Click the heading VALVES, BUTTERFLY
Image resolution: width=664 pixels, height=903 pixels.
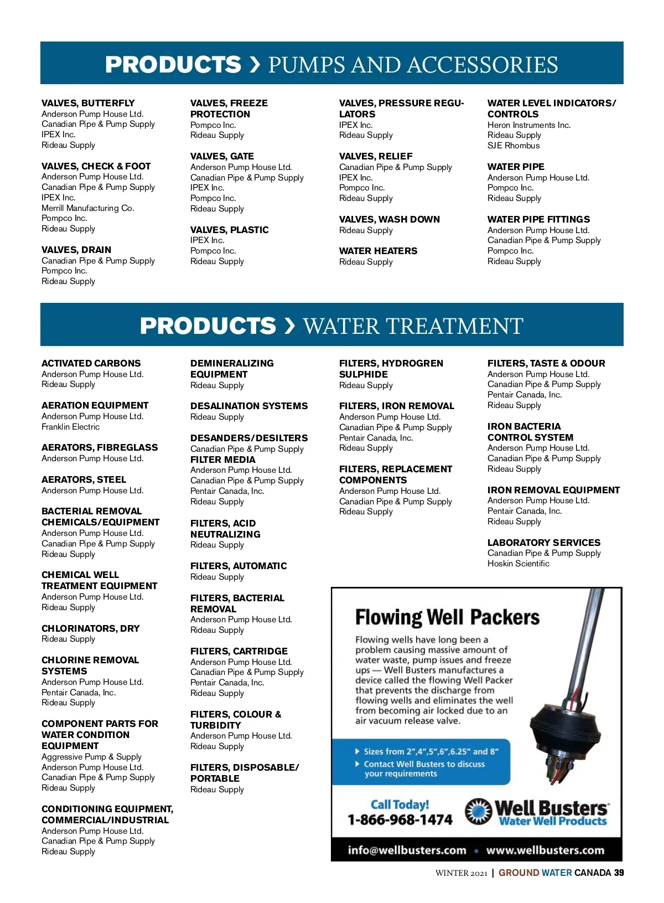coord(88,103)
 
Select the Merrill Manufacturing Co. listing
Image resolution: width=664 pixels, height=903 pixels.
coord(87,208)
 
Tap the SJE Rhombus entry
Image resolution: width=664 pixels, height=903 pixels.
coord(513,146)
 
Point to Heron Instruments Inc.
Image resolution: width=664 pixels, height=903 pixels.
coord(528,125)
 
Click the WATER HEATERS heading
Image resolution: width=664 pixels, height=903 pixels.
coord(378,251)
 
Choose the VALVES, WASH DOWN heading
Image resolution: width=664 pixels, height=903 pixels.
coord(389,219)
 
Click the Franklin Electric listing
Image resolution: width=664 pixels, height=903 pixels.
coord(70,427)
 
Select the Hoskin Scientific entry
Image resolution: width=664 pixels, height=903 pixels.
coord(518,564)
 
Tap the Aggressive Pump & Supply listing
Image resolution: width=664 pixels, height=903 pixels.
coord(91,757)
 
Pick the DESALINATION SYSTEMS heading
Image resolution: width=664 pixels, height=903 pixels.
coord(248,406)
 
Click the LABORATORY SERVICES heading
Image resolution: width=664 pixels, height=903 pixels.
coord(543,543)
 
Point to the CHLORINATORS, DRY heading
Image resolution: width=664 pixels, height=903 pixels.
coord(90,628)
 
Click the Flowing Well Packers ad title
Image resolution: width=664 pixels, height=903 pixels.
coord(447,617)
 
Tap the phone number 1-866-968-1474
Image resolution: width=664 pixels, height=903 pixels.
coord(400,820)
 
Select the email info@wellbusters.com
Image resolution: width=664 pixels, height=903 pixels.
coord(407,850)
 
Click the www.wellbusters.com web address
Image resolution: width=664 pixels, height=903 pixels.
coord(545,850)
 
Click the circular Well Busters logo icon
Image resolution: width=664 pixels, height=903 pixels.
coord(478,812)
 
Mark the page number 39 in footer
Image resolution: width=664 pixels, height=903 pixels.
coord(619,873)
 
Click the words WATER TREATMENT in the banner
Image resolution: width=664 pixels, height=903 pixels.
coord(413,326)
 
